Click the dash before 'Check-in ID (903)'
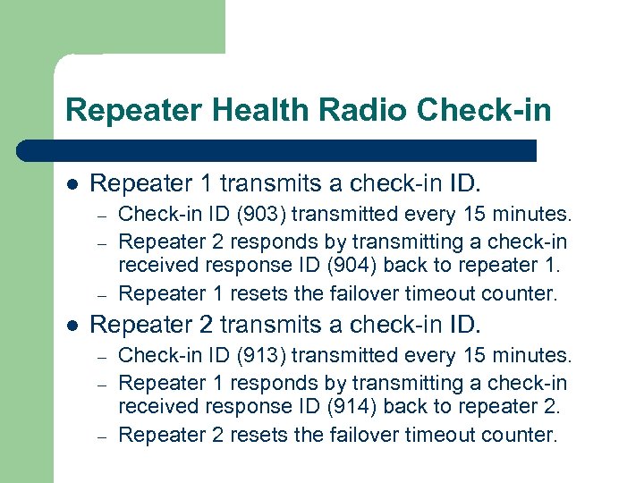102,216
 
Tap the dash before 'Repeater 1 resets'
102,293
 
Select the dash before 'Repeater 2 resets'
102,436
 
